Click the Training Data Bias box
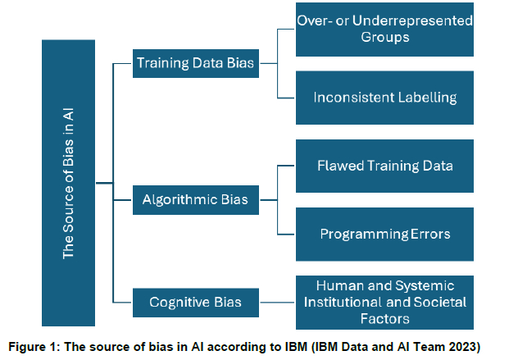pyautogui.click(x=196, y=62)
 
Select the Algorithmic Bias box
pyautogui.click(x=196, y=199)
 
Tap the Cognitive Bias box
pyautogui.click(x=196, y=303)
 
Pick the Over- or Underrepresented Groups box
pyautogui.click(x=384, y=29)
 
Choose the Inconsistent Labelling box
pyautogui.click(x=384, y=97)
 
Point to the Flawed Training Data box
pyautogui.click(x=384, y=166)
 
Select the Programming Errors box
pyautogui.click(x=384, y=233)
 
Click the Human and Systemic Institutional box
pyautogui.click(x=384, y=302)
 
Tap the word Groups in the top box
pyautogui.click(x=385, y=38)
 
